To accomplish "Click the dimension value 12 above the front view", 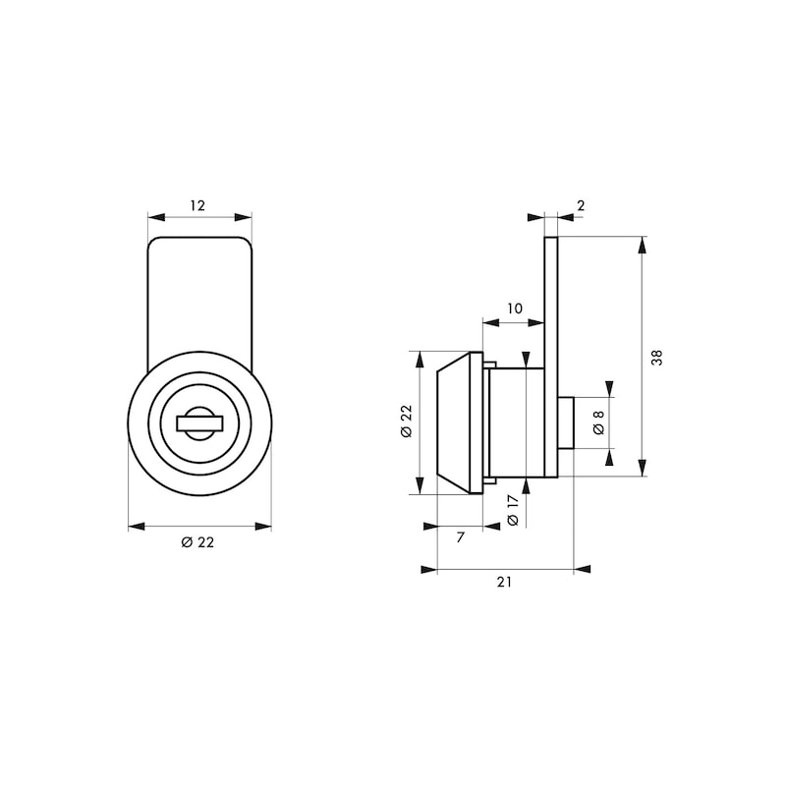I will tap(197, 205).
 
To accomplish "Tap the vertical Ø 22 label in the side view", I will tap(405, 422).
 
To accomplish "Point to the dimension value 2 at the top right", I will tap(581, 205).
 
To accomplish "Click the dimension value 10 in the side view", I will tap(514, 309).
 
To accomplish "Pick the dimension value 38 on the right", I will tap(657, 358).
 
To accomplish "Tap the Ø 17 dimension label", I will tap(512, 512).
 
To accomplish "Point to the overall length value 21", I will tap(504, 582).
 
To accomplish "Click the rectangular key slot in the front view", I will tap(199, 423).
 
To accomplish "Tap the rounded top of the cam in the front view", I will tap(199, 246).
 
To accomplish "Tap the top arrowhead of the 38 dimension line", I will tap(643, 244).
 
